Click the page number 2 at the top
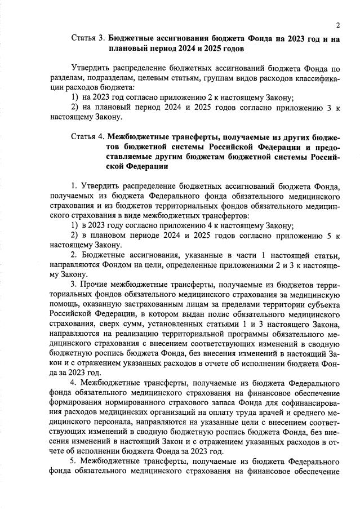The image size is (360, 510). tap(337, 25)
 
